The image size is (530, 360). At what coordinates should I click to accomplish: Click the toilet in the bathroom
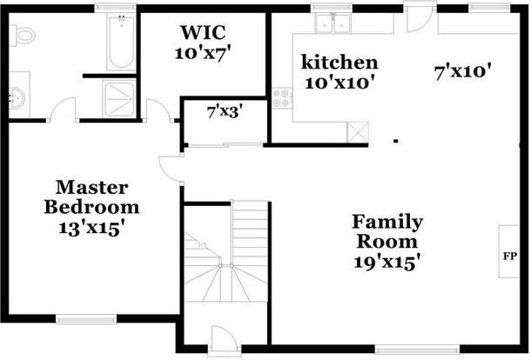pos(23,36)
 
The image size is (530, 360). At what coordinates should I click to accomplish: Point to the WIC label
pos(205,33)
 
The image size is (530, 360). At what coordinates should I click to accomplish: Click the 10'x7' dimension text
pos(205,52)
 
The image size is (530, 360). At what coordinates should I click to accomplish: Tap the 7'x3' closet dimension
pos(224,111)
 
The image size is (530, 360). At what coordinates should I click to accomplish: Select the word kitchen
pos(339,63)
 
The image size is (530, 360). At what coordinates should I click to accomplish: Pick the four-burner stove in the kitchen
pos(281,97)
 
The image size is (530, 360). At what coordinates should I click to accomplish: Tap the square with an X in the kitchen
pos(358,131)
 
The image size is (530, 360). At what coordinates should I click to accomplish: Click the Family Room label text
pos(387,231)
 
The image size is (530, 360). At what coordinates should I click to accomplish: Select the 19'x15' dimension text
pos(387,261)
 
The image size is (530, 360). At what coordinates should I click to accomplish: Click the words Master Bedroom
pos(92,197)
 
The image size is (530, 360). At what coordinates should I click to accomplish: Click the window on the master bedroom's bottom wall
pos(86,319)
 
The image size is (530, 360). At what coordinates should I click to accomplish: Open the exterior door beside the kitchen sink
pos(419,16)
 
